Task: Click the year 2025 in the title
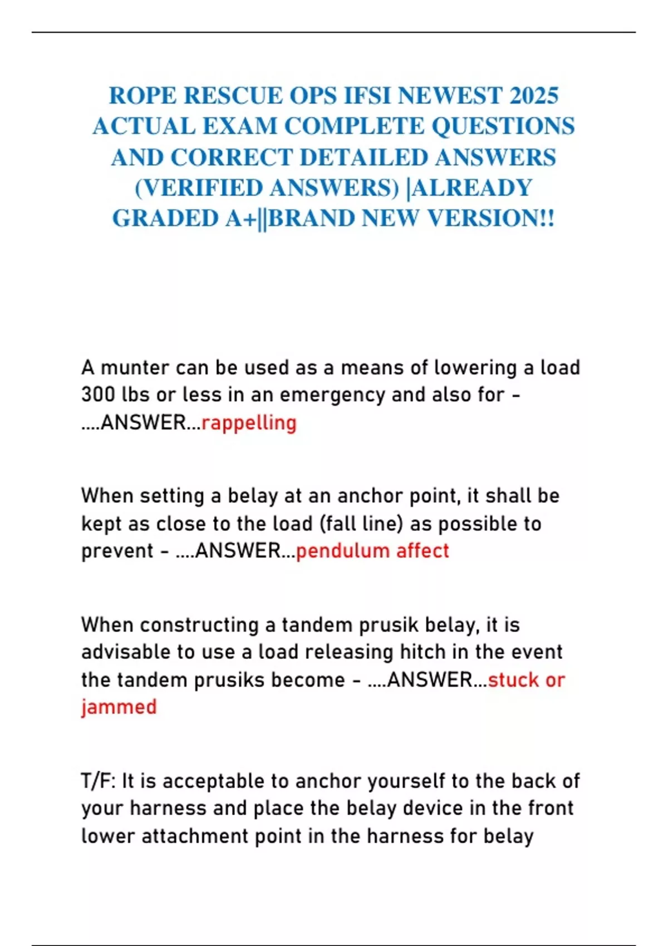click(x=533, y=96)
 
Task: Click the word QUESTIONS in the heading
click(x=503, y=126)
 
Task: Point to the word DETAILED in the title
click(x=364, y=157)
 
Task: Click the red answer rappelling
click(x=249, y=423)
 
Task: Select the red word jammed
click(x=119, y=707)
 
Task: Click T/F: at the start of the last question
click(x=99, y=781)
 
